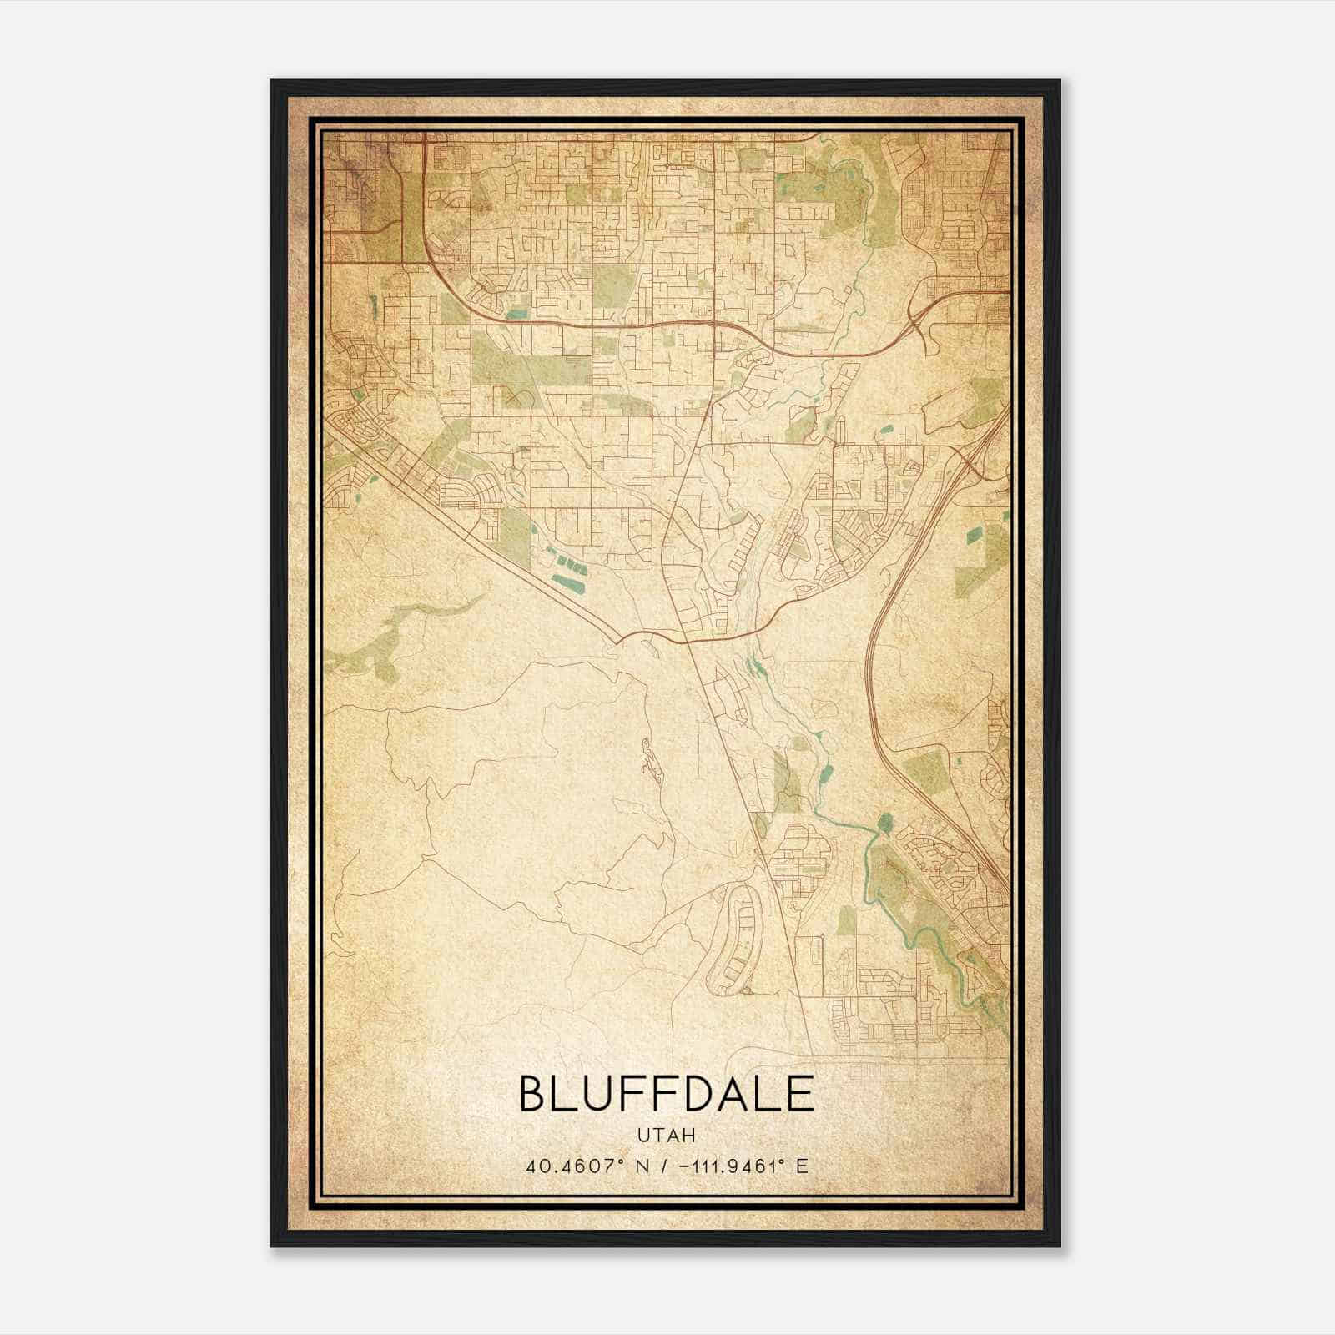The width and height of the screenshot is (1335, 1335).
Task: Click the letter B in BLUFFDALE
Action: [534, 1094]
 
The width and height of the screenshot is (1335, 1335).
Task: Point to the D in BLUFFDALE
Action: [691, 1094]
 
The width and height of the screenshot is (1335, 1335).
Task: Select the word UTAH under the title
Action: [667, 1135]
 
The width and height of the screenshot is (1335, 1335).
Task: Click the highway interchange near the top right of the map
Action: [918, 318]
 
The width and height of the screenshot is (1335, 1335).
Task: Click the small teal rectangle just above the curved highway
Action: [517, 314]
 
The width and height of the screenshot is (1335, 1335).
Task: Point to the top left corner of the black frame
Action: [272, 81]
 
